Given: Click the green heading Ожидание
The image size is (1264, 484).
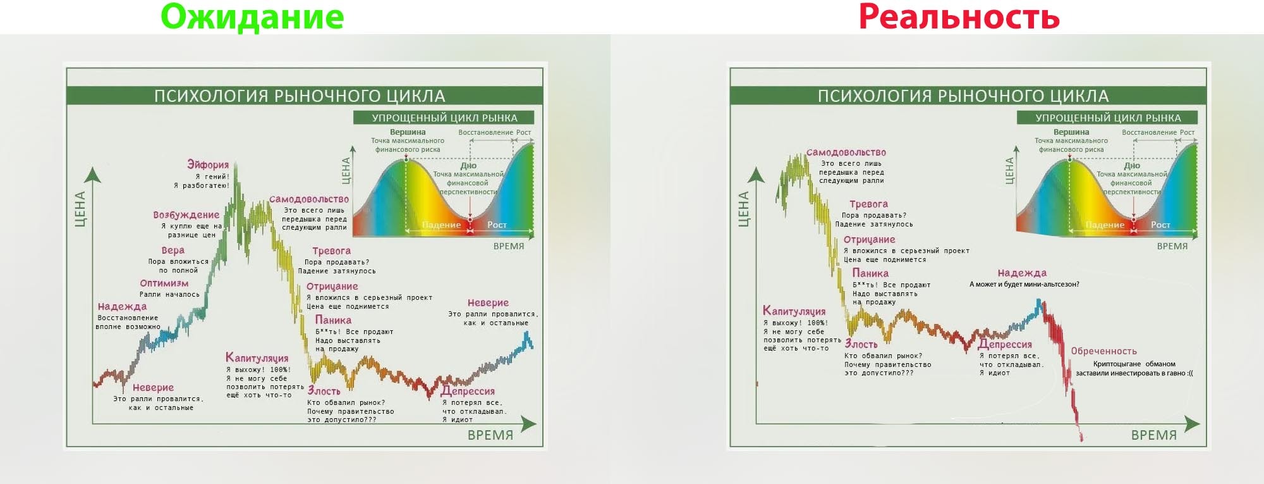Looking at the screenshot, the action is tap(252, 17).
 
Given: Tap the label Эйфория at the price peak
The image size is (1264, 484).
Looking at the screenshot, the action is tap(208, 164).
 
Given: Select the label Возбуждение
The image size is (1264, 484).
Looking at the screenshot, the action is tap(186, 215).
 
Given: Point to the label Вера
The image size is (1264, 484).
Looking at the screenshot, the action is tap(173, 251).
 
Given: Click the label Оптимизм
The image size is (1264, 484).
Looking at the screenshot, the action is tap(164, 283).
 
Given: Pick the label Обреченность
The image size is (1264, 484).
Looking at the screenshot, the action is tap(1103, 351).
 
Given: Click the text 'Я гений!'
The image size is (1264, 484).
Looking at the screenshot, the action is tap(212, 177).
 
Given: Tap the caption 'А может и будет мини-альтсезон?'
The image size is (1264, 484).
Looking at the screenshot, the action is tap(1024, 285).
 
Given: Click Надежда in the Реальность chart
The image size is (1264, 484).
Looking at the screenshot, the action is tap(1022, 273).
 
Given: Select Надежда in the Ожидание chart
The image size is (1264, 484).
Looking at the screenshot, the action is tap(122, 307).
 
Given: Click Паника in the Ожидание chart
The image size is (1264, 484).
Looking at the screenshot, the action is tap(333, 320).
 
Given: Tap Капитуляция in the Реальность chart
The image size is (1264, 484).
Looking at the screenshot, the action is tap(794, 311).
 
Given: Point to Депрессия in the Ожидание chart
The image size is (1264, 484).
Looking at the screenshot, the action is tap(468, 391).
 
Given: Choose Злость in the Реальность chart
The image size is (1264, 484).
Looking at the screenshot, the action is tap(861, 344).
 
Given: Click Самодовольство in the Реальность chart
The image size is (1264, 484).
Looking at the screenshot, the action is tap(846, 152).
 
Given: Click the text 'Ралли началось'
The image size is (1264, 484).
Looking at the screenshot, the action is tap(169, 294).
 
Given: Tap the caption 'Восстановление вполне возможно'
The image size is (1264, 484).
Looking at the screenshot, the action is tap(128, 323).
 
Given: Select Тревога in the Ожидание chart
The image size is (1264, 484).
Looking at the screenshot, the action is tap(331, 251).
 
